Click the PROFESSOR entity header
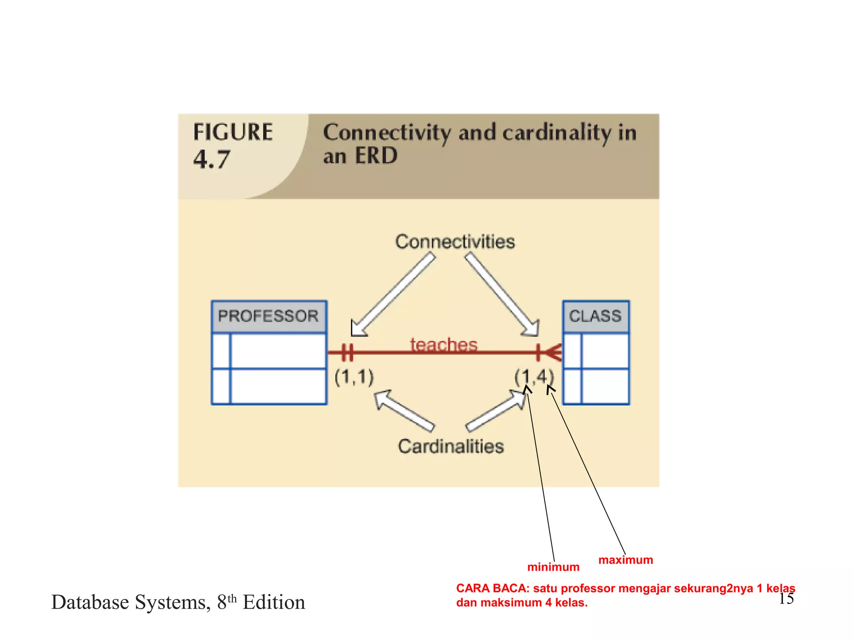coord(269,316)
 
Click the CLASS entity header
coord(596,316)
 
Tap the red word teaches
coord(444,345)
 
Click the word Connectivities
coord(455,242)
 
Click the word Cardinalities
coord(451,446)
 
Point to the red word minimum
coord(553,567)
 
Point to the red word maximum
coord(626,560)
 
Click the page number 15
coord(786,599)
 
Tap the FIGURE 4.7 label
coord(232,145)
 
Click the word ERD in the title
coord(376,156)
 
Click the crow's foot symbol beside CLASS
coord(553,352)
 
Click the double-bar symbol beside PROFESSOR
coord(347,352)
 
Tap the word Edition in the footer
coord(274,602)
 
